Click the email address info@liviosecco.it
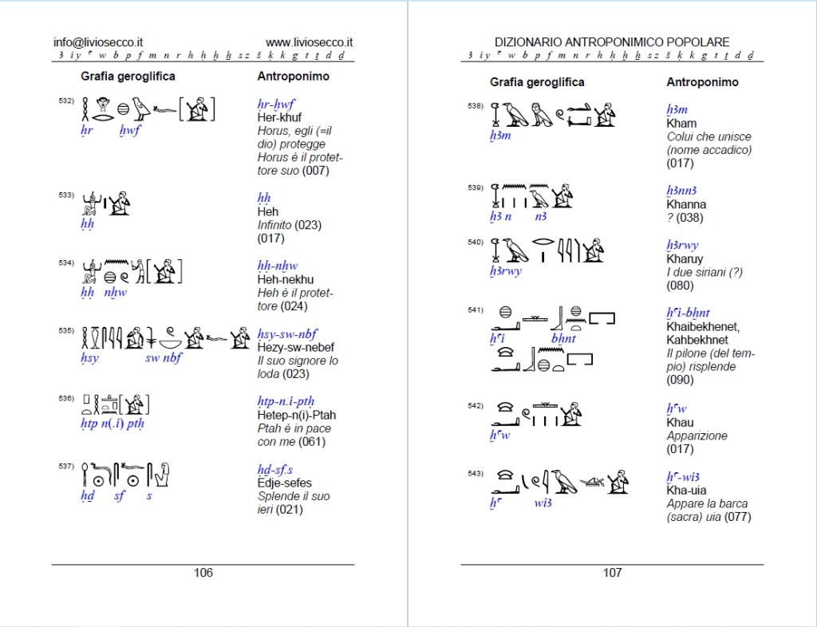98,42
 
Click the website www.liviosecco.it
310,42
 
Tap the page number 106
203,572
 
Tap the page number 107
612,572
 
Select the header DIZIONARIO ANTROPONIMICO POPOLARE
612,42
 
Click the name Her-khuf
279,117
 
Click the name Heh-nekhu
285,279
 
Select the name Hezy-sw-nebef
295,347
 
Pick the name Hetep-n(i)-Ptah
297,415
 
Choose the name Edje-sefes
285,483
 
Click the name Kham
681,123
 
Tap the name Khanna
686,204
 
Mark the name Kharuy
685,258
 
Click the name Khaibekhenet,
703,326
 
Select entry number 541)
476,310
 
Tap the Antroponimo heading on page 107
702,82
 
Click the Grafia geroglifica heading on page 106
128,77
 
